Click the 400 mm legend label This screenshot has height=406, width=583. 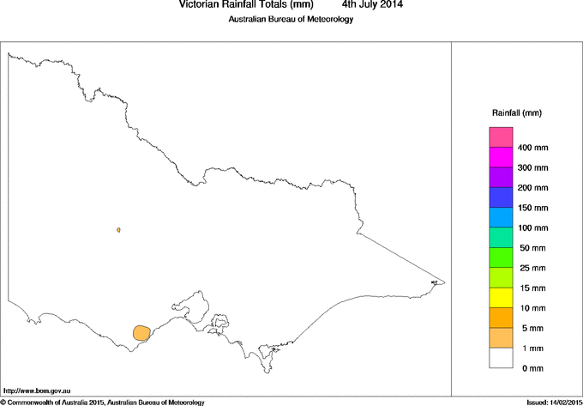point(532,148)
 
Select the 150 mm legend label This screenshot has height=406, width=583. point(532,208)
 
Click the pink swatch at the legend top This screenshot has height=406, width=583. point(502,137)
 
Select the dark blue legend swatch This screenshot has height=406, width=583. point(502,197)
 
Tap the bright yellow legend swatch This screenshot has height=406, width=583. point(502,298)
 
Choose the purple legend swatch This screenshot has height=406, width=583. point(502,178)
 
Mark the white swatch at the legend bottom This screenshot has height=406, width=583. point(502,358)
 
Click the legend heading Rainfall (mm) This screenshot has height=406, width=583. point(516,113)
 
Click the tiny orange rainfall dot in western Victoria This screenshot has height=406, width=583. point(118,230)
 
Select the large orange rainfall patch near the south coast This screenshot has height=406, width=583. point(141,333)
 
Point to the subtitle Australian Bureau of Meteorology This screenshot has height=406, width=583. point(291,20)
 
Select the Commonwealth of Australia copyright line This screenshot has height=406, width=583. point(103,402)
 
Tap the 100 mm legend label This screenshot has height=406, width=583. point(532,227)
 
